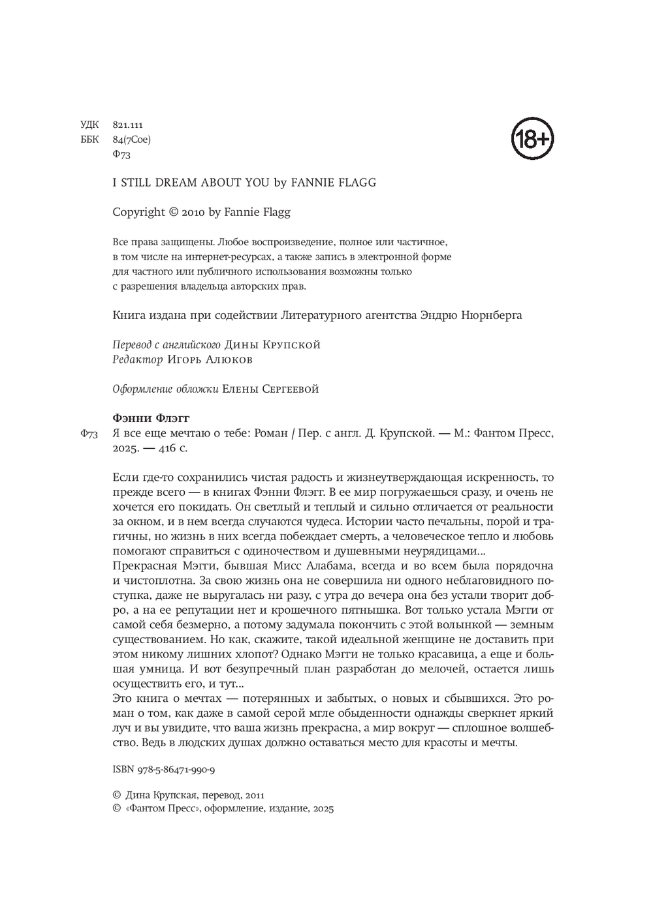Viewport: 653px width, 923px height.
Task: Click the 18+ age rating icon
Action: point(532,138)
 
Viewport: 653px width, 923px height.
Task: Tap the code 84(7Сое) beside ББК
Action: point(132,139)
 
